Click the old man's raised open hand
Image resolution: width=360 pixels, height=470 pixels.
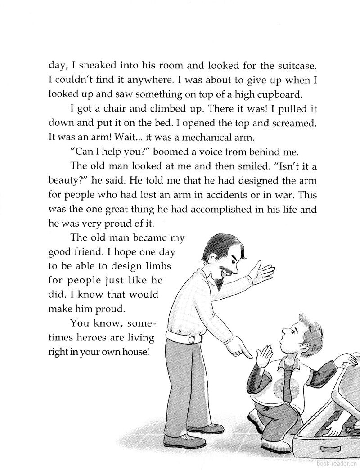[263, 271]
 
